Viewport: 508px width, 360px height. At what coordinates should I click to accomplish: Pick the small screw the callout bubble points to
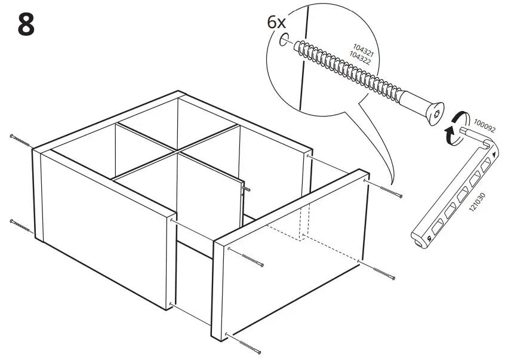(390, 192)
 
